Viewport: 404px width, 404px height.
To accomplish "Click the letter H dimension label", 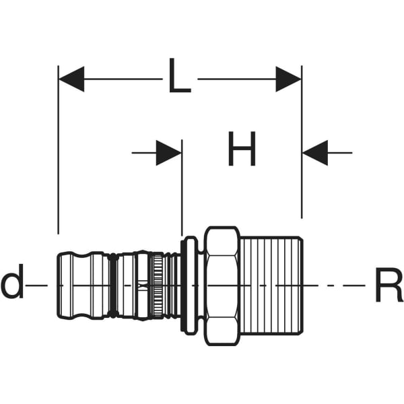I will (242, 151).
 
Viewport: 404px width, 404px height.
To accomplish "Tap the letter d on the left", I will (12, 285).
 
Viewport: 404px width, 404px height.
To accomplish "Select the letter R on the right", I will (388, 285).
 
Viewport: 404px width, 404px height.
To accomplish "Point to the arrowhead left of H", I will (169, 153).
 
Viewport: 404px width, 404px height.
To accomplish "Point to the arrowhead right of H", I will (314, 153).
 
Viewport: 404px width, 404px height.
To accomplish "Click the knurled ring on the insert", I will (157, 285).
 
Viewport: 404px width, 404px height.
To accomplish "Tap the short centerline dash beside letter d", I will (38, 285).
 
